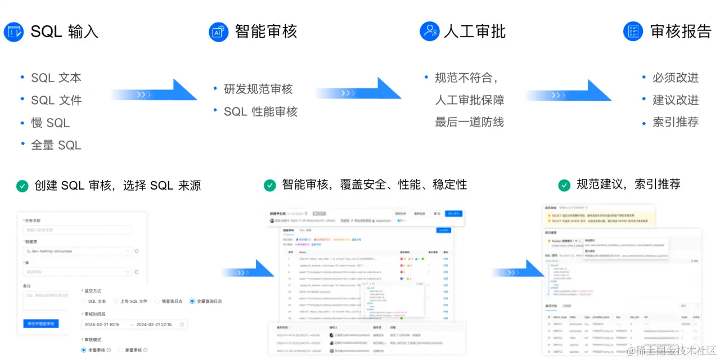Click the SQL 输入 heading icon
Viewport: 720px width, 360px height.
pyautogui.click(x=13, y=32)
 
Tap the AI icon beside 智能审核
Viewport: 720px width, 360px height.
pyautogui.click(x=218, y=32)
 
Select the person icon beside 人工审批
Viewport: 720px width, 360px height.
pyautogui.click(x=429, y=31)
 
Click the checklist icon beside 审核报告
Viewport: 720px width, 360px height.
pyautogui.click(x=633, y=31)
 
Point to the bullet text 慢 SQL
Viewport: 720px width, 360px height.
pyautogui.click(x=51, y=123)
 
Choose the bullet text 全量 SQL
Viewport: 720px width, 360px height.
pyautogui.click(x=56, y=145)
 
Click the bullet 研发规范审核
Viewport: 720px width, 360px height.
pyautogui.click(x=258, y=89)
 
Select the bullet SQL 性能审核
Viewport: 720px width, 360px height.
pyautogui.click(x=260, y=112)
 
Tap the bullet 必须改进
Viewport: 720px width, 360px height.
pyautogui.click(x=676, y=78)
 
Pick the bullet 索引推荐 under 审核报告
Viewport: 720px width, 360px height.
pyautogui.click(x=676, y=122)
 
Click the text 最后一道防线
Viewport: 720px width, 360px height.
pyautogui.click(x=469, y=122)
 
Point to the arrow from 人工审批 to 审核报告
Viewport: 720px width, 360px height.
pyautogui.click(x=568, y=92)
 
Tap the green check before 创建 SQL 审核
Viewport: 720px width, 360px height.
pyautogui.click(x=22, y=186)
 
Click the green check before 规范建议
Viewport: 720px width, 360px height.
pyautogui.click(x=564, y=185)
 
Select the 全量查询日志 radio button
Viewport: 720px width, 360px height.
pyautogui.click(x=192, y=301)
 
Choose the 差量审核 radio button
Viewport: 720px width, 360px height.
pyautogui.click(x=120, y=350)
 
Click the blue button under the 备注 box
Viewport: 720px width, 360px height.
pyautogui.click(x=40, y=323)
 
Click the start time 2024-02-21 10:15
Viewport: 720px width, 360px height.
pyautogui.click(x=102, y=325)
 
